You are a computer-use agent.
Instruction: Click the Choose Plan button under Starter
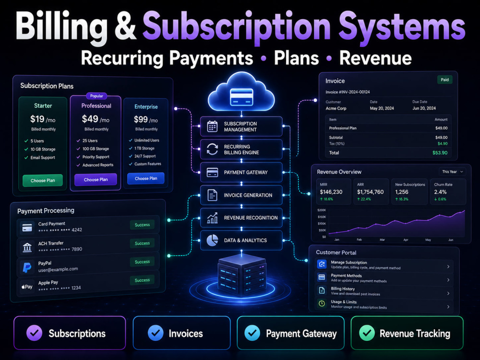pyautogui.click(x=43, y=180)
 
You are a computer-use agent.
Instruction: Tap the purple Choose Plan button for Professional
pyautogui.click(x=96, y=180)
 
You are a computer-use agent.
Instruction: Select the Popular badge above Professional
pyautogui.click(x=96, y=96)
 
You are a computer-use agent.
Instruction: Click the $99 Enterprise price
pyautogui.click(x=141, y=120)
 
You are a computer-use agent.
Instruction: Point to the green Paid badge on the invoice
pyautogui.click(x=444, y=80)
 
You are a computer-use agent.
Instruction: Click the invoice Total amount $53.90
pyautogui.click(x=440, y=153)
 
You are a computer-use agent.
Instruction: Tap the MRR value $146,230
pyautogui.click(x=331, y=192)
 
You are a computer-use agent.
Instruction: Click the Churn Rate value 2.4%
pyautogui.click(x=440, y=192)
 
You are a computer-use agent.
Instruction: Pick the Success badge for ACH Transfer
pyautogui.click(x=143, y=243)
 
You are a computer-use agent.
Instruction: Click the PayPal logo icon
pyautogui.click(x=27, y=267)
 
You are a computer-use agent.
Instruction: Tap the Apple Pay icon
pyautogui.click(x=27, y=287)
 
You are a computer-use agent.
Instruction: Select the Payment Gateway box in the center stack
pyautogui.click(x=241, y=172)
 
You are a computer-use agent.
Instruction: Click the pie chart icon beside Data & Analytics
pyautogui.click(x=212, y=240)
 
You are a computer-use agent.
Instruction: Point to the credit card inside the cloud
pyautogui.click(x=241, y=97)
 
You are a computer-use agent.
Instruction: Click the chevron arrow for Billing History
pyautogui.click(x=448, y=293)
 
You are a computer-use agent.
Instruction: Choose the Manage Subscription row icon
pyautogui.click(x=322, y=264)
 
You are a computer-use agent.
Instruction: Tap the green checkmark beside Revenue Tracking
pyautogui.click(x=367, y=333)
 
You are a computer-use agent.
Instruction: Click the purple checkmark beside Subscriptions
pyautogui.click(x=34, y=333)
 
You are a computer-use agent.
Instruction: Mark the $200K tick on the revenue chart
pyautogui.click(x=322, y=210)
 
